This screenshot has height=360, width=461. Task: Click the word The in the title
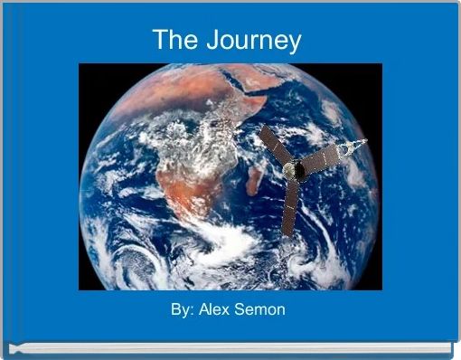point(174,40)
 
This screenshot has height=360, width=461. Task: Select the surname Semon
point(264,310)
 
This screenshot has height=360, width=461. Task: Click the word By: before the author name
point(185,310)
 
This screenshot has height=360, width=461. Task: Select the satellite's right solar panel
point(321,161)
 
